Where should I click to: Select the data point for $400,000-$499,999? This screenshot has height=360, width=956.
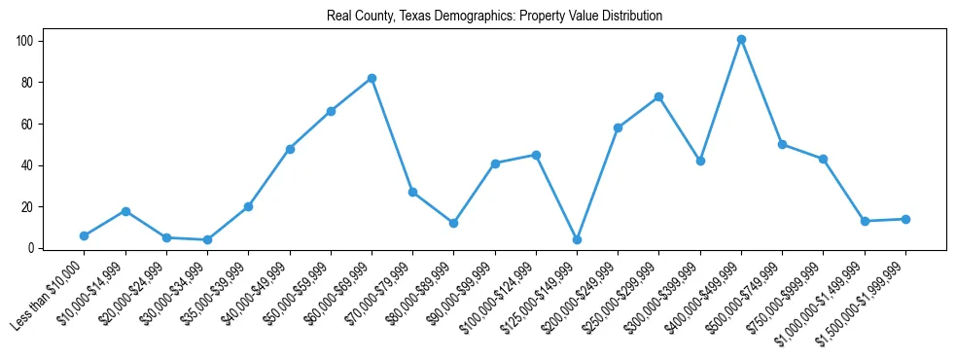(741, 40)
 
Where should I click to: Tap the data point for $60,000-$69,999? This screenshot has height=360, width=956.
(372, 78)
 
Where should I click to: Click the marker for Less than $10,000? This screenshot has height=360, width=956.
(85, 235)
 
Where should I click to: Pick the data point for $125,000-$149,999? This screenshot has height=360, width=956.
(577, 239)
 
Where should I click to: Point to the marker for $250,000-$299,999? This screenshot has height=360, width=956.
(659, 97)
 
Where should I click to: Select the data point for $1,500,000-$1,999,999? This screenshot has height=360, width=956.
(905, 219)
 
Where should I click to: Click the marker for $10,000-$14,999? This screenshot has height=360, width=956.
(125, 211)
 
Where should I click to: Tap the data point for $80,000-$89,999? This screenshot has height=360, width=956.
(453, 223)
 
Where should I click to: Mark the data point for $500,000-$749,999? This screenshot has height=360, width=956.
(782, 144)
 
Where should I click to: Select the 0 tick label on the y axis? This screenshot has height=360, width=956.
(31, 248)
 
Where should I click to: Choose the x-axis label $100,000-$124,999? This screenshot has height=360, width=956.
(498, 301)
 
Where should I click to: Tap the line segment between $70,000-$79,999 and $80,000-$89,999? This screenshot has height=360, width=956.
(433, 207)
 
